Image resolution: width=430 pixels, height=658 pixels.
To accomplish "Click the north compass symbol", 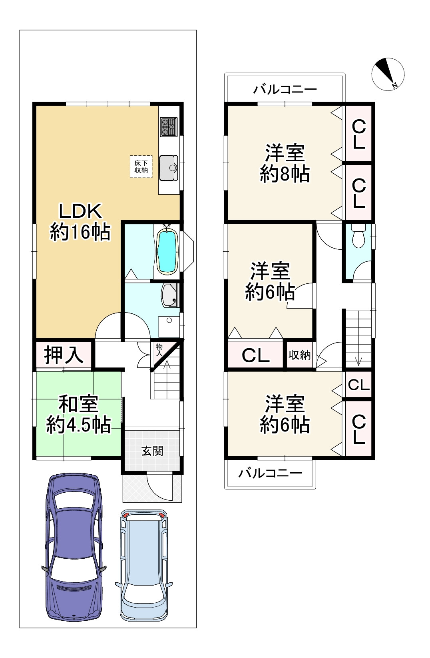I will tap(388, 74).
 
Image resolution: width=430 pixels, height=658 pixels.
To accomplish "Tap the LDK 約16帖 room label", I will tap(80, 221).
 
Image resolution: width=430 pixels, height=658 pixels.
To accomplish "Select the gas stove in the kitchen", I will tap(168, 127).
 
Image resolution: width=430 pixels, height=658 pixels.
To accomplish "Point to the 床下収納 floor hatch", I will tap(141, 166).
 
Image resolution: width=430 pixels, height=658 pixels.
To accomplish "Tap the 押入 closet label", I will tap(64, 354).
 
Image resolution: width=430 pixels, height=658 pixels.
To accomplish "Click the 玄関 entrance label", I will tap(152, 451).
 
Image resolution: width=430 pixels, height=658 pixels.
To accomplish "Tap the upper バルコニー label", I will tap(285, 89).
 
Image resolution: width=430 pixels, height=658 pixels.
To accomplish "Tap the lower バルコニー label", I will tap(270, 474).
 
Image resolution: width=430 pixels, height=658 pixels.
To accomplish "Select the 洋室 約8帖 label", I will tap(285, 163).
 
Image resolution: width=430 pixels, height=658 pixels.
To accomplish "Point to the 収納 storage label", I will tap(299, 355).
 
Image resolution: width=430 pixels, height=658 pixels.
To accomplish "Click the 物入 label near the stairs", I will tap(159, 349).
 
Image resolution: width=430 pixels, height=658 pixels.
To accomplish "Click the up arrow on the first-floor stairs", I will tap(167, 365).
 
